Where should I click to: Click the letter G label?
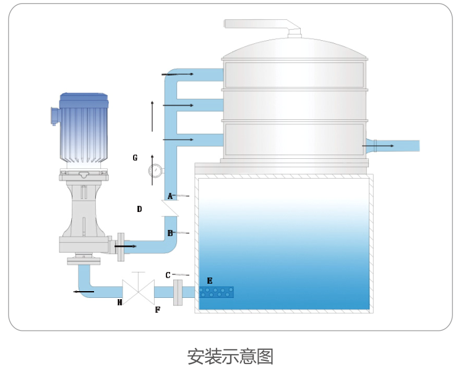tap(135, 158)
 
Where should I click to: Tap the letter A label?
tap(170, 196)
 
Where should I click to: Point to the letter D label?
tap(139, 210)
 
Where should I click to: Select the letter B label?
tap(170, 233)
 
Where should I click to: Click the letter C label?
tap(168, 275)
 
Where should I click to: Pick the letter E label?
tap(210, 281)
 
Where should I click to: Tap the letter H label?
tap(120, 302)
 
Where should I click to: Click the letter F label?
tap(158, 310)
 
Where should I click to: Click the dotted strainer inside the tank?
tap(216, 292)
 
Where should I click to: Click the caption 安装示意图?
tap(230, 356)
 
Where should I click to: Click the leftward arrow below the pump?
tap(84, 291)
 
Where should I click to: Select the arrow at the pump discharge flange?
tap(125, 246)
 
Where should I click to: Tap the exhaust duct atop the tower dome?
tap(260, 25)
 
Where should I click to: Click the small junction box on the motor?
tap(54, 116)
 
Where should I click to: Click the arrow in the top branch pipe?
tap(179, 74)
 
